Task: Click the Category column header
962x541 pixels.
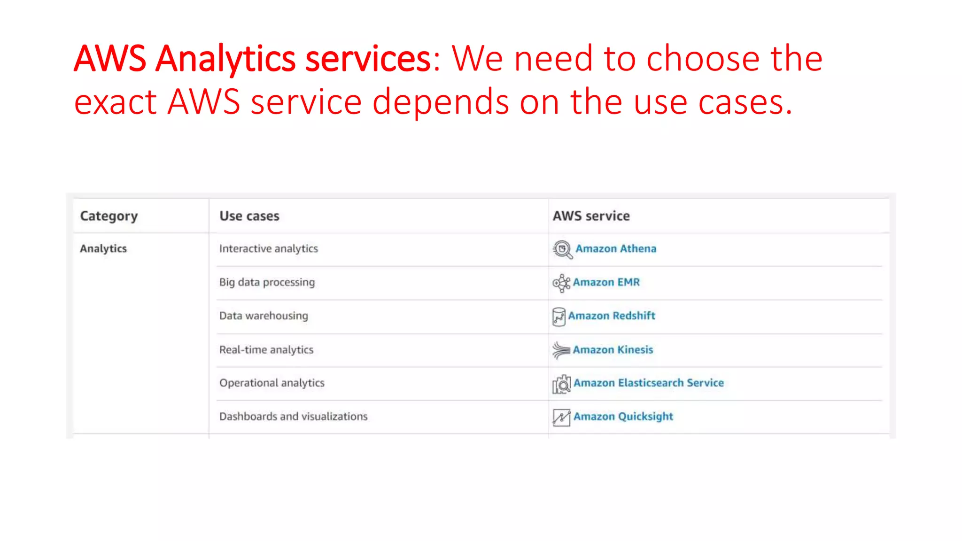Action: coord(109,216)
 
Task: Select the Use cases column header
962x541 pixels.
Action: coord(249,216)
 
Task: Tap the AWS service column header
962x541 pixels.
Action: coord(591,216)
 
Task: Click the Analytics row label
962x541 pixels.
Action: coord(103,248)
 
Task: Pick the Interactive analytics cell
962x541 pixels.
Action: coord(268,248)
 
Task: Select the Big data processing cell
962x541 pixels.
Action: coord(267,282)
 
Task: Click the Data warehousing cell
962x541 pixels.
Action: coord(264,316)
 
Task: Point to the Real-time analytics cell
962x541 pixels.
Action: coord(266,350)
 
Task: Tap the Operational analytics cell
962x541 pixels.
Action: coord(272,383)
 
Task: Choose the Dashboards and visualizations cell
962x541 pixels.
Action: coord(293,417)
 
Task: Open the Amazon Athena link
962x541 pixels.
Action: coord(615,248)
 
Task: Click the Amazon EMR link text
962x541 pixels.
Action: coord(606,282)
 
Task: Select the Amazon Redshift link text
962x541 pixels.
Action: coord(611,316)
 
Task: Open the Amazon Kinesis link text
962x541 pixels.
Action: coord(613,350)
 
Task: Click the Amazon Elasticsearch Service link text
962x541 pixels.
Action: coord(648,383)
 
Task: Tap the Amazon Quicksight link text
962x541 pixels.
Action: coord(623,417)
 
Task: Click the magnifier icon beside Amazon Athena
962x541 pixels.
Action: coord(562,249)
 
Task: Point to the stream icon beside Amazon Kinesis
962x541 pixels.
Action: coord(561,350)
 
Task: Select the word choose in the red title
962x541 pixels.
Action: coord(703,59)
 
